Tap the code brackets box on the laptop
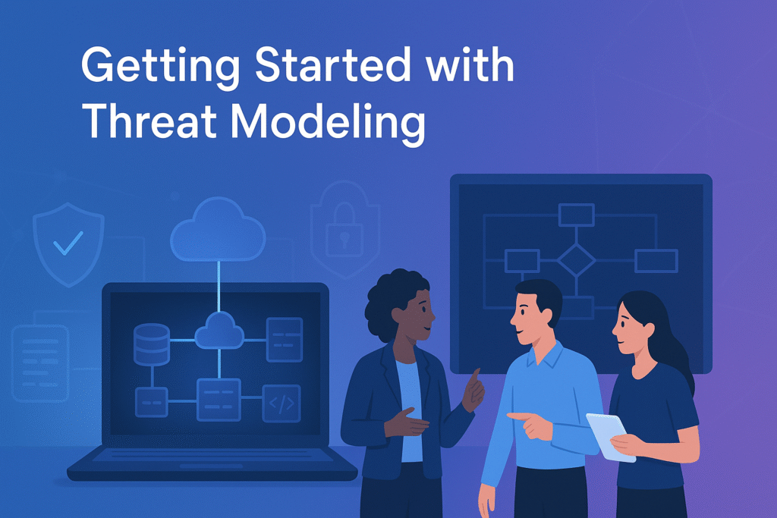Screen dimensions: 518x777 (x=281, y=403)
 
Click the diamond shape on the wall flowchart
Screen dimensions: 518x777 (x=576, y=260)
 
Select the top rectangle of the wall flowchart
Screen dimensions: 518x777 (x=576, y=215)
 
